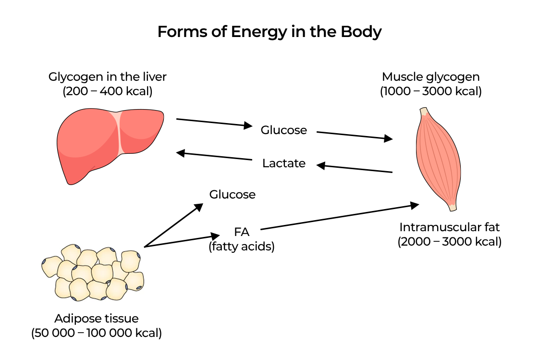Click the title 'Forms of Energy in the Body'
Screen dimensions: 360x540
click(270, 32)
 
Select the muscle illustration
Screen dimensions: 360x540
click(437, 158)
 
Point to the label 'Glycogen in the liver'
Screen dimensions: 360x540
click(108, 77)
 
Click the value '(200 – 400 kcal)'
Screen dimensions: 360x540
click(108, 91)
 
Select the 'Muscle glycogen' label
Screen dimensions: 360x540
click(430, 77)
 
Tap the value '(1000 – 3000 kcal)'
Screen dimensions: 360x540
click(430, 91)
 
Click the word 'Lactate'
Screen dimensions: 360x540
click(283, 163)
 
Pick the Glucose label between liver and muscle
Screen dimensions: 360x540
click(283, 130)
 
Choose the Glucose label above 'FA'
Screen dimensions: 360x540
click(232, 195)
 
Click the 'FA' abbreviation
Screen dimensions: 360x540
click(242, 232)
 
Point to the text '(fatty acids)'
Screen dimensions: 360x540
click(242, 247)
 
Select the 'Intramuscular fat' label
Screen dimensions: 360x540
click(450, 227)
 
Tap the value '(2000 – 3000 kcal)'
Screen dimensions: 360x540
click(450, 242)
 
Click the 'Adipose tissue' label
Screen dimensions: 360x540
click(97, 318)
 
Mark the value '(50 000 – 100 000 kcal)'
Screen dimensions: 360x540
click(97, 333)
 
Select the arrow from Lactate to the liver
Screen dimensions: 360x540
click(215, 156)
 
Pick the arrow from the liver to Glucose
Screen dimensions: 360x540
click(214, 122)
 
